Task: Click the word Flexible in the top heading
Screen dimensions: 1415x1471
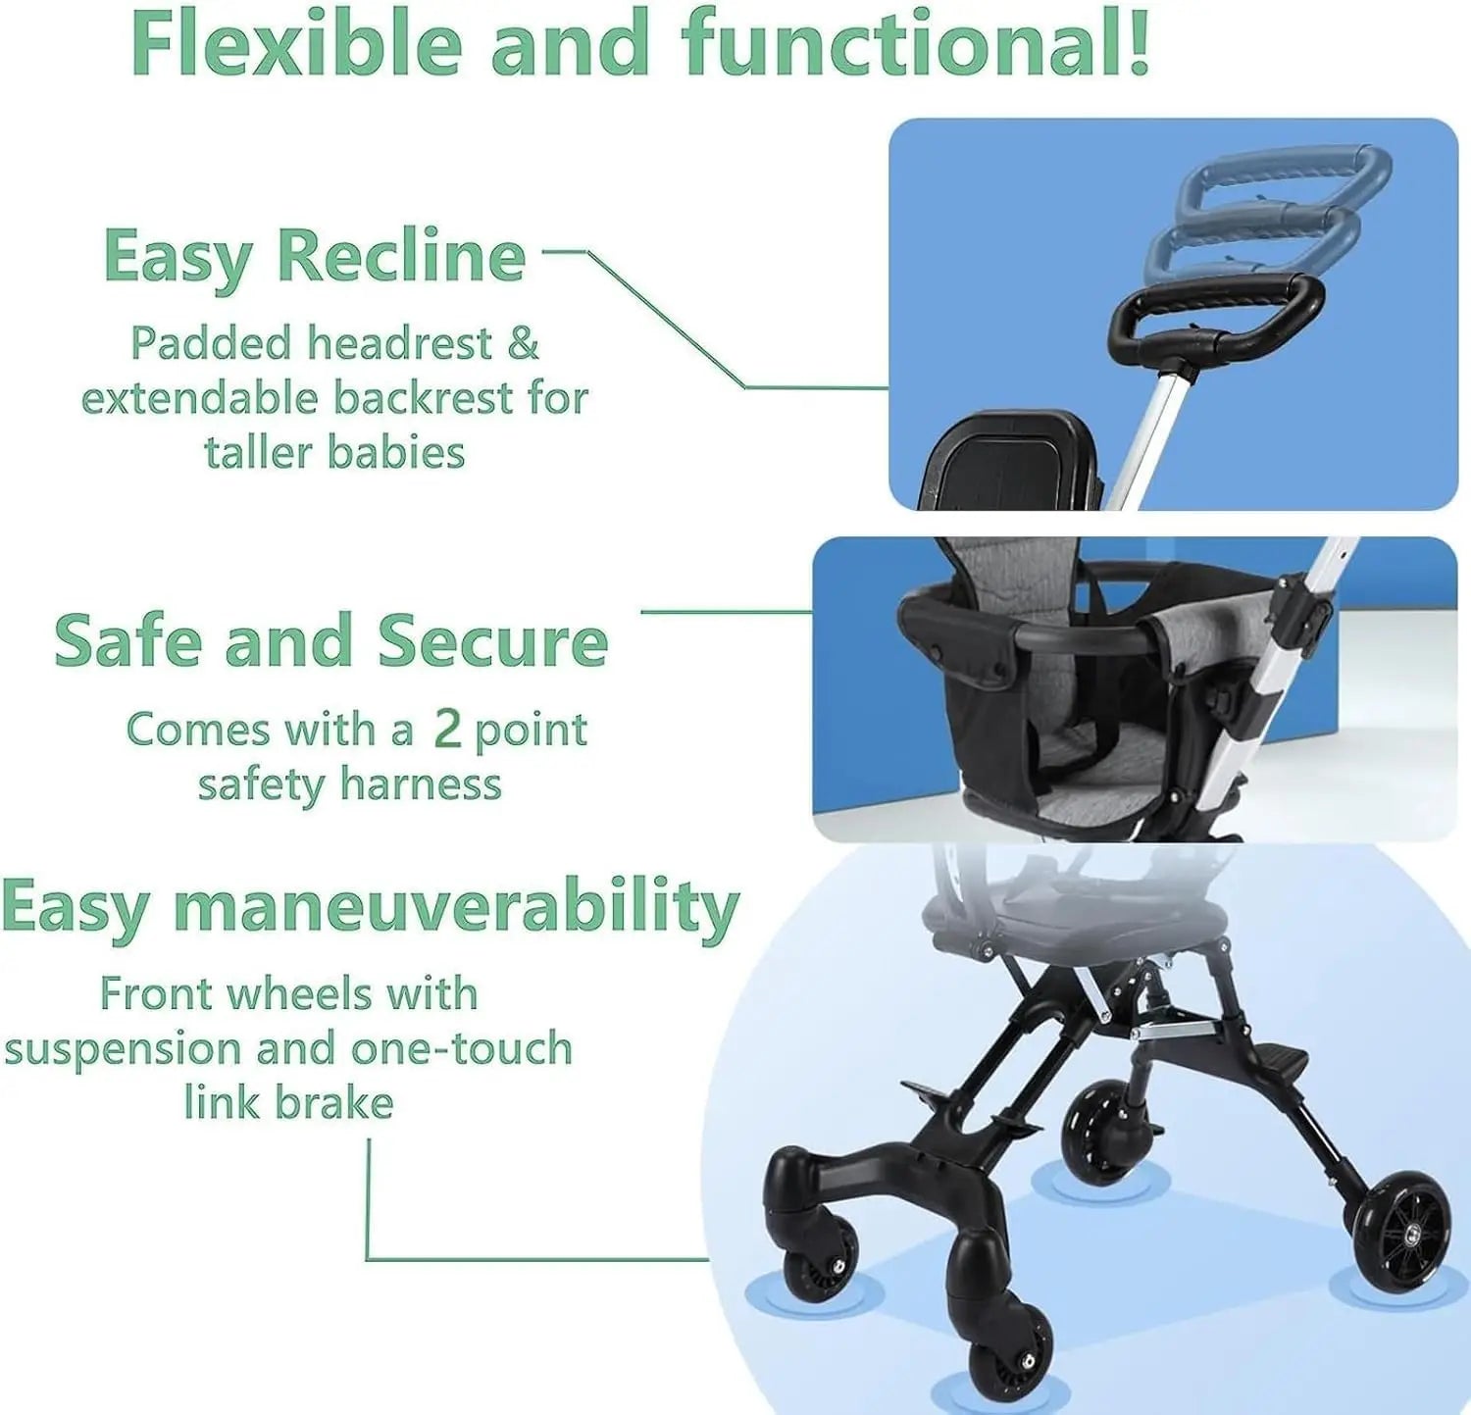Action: (295, 44)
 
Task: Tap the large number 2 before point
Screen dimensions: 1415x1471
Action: (447, 729)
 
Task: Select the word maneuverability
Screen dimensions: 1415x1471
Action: (456, 907)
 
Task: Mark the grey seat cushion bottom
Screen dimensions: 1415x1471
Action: (1089, 775)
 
